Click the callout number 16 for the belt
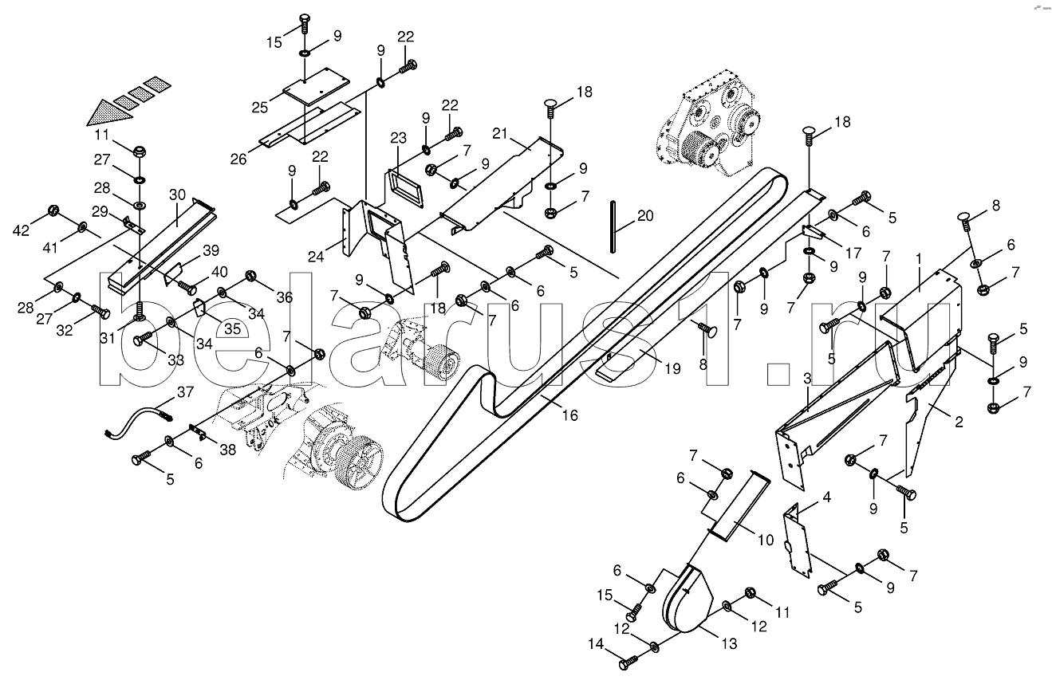pyautogui.click(x=569, y=415)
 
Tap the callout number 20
pyautogui.click(x=645, y=216)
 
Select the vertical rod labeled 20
pyautogui.click(x=613, y=226)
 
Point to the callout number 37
pyautogui.click(x=185, y=392)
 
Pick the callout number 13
pyautogui.click(x=729, y=643)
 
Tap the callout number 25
pyautogui.click(x=260, y=108)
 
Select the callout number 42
pyautogui.click(x=21, y=230)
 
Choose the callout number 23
pyautogui.click(x=398, y=138)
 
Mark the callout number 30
pyautogui.click(x=177, y=195)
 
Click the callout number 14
pyautogui.click(x=597, y=645)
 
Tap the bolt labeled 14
pyautogui.click(x=628, y=663)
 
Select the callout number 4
pyautogui.click(x=826, y=497)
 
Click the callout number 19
pyautogui.click(x=672, y=368)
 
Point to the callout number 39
pyautogui.click(x=211, y=250)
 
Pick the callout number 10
pyautogui.click(x=766, y=540)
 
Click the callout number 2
pyautogui.click(x=959, y=422)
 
